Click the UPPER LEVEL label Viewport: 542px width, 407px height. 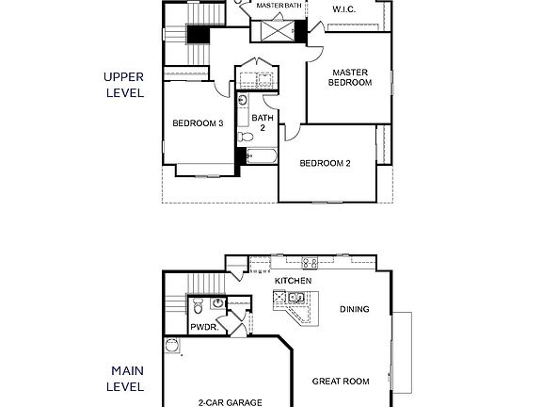pos(124,86)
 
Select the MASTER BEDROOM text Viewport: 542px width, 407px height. pos(349,76)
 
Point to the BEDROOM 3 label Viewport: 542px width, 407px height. pos(197,122)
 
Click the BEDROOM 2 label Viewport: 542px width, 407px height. pos(325,163)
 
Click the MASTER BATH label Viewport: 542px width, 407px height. pos(279,6)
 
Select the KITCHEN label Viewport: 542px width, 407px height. pos(293,281)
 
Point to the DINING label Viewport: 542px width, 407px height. pos(354,309)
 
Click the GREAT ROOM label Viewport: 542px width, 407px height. pos(341,382)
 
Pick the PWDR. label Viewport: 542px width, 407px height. pos(204,327)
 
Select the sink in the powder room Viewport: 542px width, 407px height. pos(217,303)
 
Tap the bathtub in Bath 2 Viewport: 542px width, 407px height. pos(261,157)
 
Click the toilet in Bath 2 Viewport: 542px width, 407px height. pos(242,100)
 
